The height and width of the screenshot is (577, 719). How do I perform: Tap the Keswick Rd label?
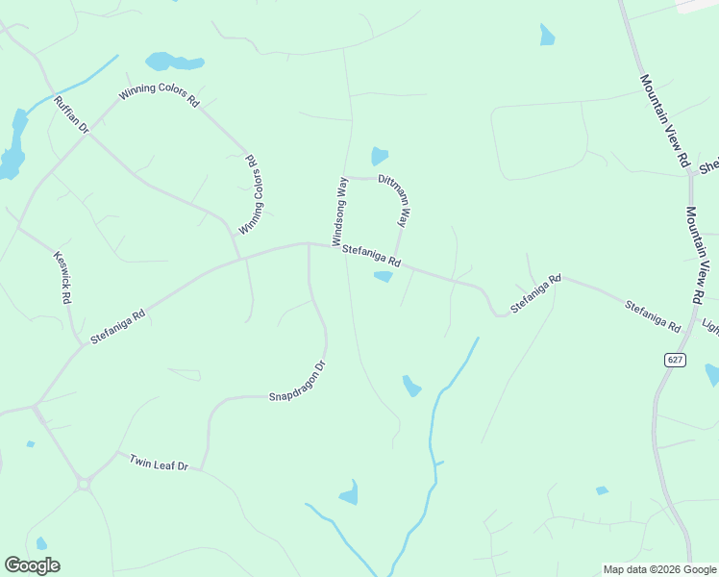pyautogui.click(x=62, y=277)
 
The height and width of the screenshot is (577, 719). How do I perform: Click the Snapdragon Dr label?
pyautogui.click(x=298, y=382)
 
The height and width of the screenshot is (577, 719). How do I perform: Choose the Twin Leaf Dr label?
pyautogui.click(x=159, y=463)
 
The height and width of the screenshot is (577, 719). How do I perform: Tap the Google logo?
pyautogui.click(x=32, y=565)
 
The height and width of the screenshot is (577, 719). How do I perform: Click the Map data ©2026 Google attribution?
pyautogui.click(x=659, y=569)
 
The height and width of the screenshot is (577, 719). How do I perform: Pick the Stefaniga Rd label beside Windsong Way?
pyautogui.click(x=370, y=255)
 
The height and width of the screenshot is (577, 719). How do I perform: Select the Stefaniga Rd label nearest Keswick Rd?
pyautogui.click(x=117, y=327)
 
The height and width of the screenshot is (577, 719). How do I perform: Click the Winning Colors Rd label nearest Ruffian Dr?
pyautogui.click(x=159, y=95)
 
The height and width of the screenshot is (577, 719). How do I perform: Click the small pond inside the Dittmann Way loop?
pyautogui.click(x=380, y=156)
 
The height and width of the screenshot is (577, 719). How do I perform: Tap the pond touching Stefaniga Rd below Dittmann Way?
pyautogui.click(x=383, y=277)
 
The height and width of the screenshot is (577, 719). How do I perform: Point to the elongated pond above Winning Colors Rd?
pyautogui.click(x=174, y=63)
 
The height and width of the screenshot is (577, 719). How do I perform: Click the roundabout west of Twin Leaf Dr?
pyautogui.click(x=84, y=485)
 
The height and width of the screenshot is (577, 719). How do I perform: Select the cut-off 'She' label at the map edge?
pyautogui.click(x=708, y=166)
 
